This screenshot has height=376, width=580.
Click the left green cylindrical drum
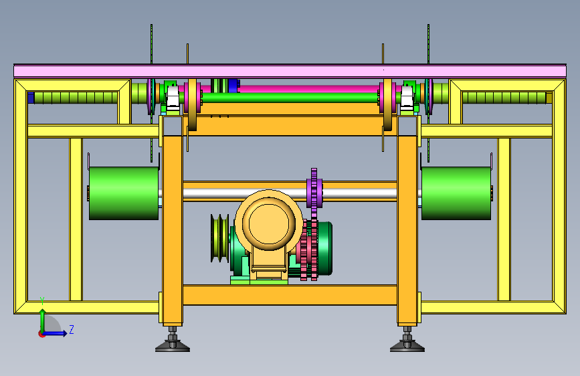(124, 193)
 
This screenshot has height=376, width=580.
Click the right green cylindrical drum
(456, 193)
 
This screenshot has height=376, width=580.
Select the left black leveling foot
(173, 340)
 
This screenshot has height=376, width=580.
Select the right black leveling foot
(407, 340)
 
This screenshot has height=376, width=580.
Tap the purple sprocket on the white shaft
(314, 193)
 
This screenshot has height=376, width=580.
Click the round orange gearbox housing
(269, 221)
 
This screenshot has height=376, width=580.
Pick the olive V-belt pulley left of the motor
(219, 238)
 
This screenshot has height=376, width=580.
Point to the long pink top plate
(290, 71)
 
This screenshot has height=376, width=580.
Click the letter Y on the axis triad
(42, 301)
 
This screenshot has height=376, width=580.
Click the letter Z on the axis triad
(72, 329)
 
